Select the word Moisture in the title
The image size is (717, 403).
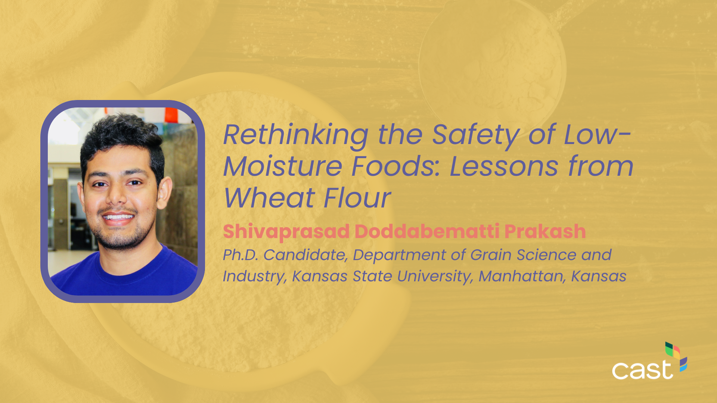pos(283,166)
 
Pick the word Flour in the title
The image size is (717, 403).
pos(357,198)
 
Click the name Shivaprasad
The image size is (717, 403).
pos(286,232)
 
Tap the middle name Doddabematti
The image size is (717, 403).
pos(427,231)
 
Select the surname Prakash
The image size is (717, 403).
pos(545,231)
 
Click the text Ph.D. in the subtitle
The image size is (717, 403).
pos(240,255)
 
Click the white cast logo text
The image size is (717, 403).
pos(642,370)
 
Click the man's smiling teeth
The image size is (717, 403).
pos(118,217)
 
